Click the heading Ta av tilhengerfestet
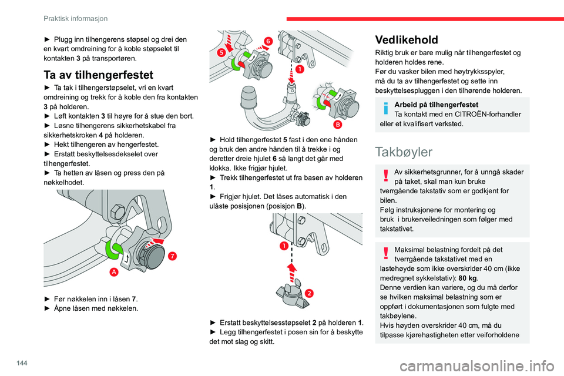pyautogui.click(x=98, y=75)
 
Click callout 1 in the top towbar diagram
pyautogui.click(x=300, y=69)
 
